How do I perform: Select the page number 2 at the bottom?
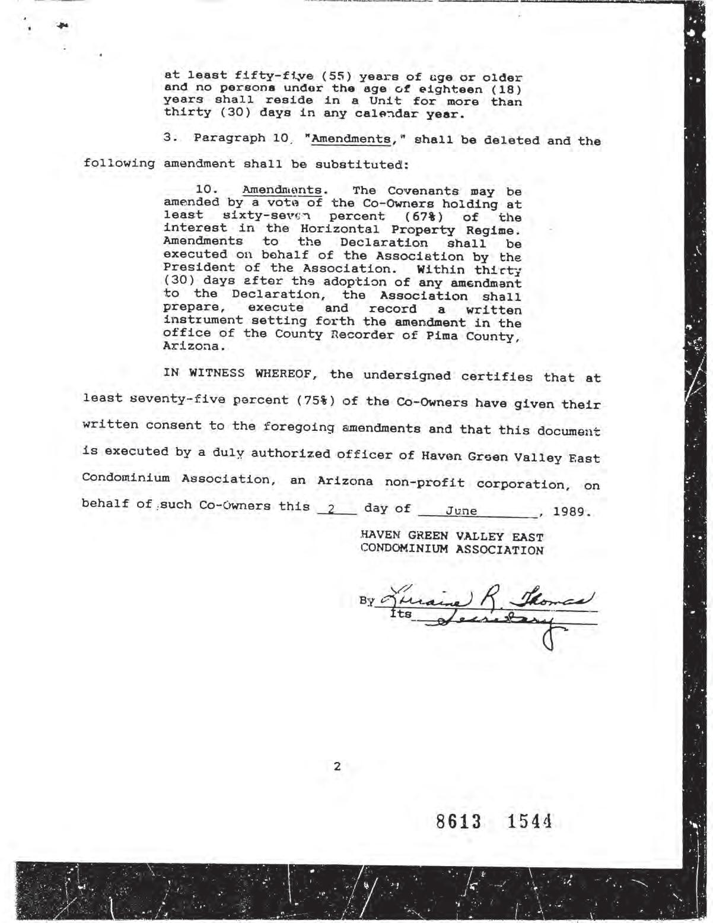pos(337,766)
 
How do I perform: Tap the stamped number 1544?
pos(529,822)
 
